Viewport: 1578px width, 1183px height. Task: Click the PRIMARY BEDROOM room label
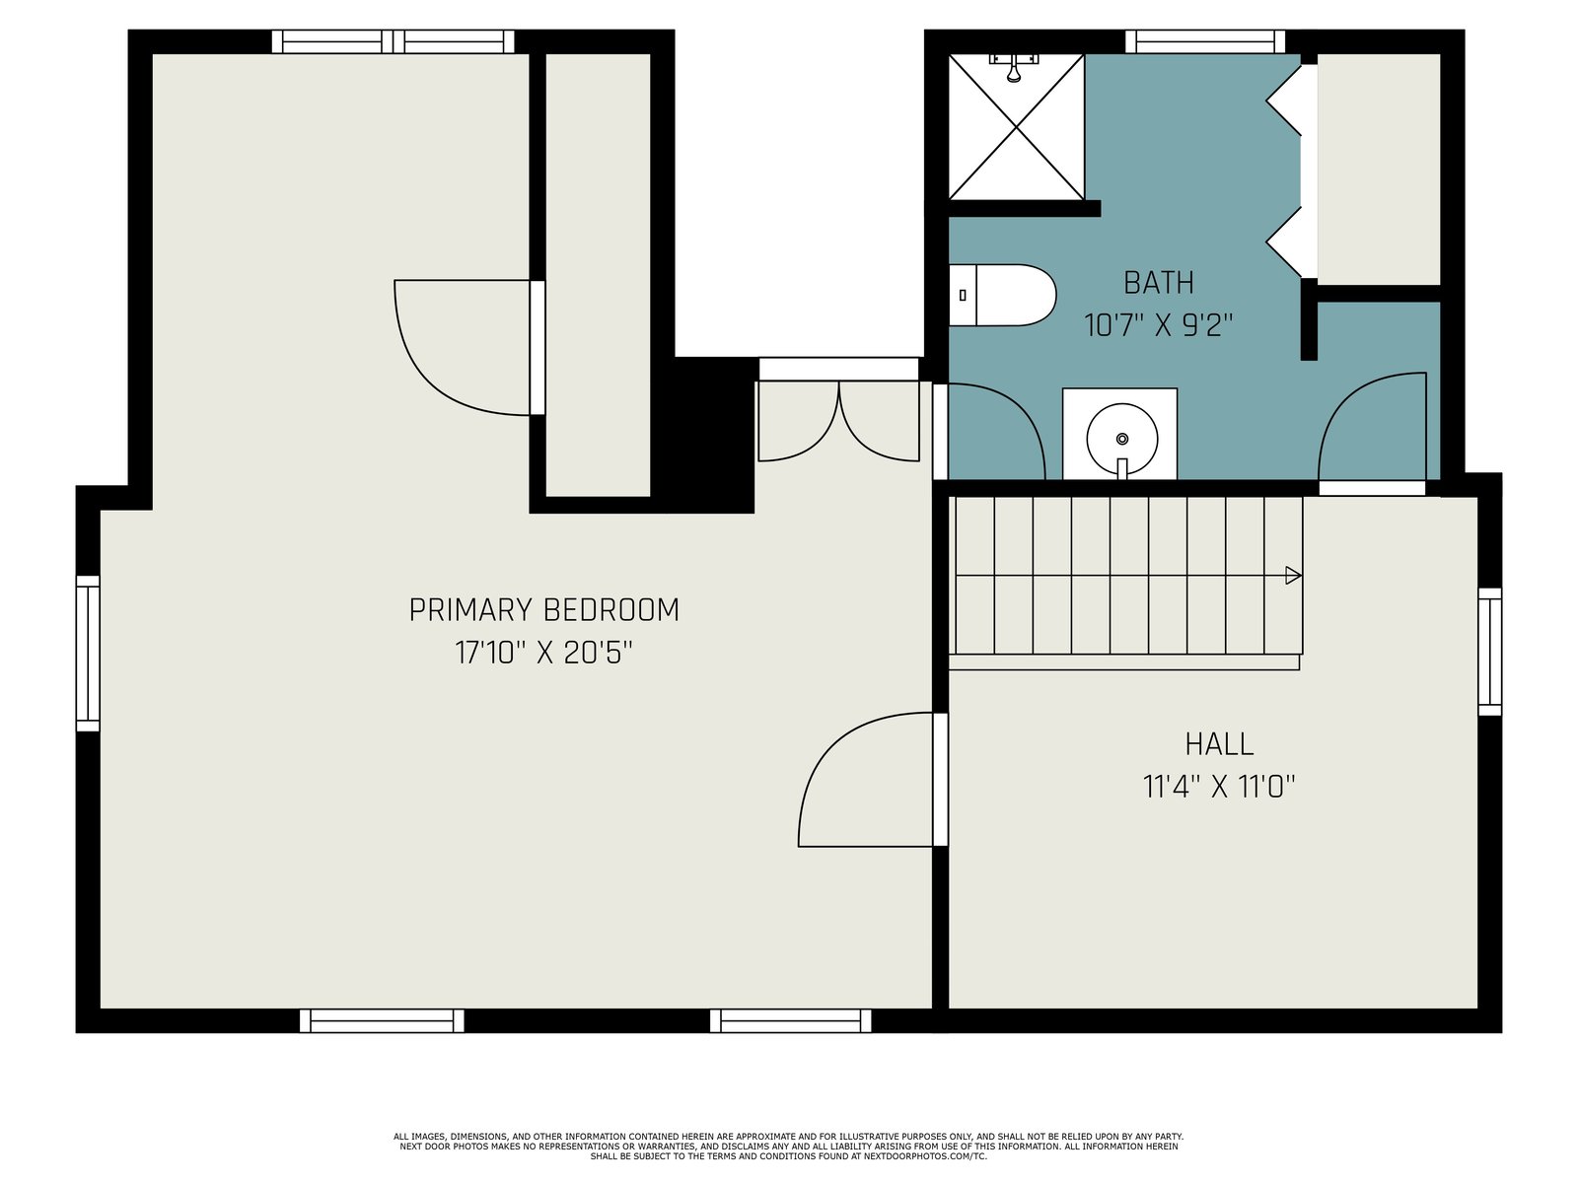coord(543,610)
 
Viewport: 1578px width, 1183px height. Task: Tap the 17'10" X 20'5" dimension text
coord(543,654)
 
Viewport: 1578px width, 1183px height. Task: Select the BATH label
coord(1158,283)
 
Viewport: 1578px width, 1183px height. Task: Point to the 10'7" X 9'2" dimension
coord(1158,326)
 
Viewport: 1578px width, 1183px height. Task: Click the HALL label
coord(1219,744)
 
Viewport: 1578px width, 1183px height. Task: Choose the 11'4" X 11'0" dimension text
coord(1219,788)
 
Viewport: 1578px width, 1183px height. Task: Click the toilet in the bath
coord(1002,295)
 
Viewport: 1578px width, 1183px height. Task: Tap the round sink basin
coord(1122,439)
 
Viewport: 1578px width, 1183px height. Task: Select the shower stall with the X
coord(1017,127)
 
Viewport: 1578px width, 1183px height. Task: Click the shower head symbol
coord(1015,67)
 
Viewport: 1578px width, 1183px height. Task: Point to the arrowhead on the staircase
coord(1293,576)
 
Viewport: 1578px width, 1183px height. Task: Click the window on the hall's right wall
coord(1489,653)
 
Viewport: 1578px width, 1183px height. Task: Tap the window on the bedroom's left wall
coord(88,654)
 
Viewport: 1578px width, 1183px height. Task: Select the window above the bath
coord(1205,41)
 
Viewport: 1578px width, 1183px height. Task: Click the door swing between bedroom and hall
coord(873,780)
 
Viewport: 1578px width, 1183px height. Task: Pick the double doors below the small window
coord(839,421)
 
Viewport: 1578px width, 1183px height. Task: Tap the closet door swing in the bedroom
coord(469,348)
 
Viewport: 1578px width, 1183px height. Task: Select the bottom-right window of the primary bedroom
coord(791,1020)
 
